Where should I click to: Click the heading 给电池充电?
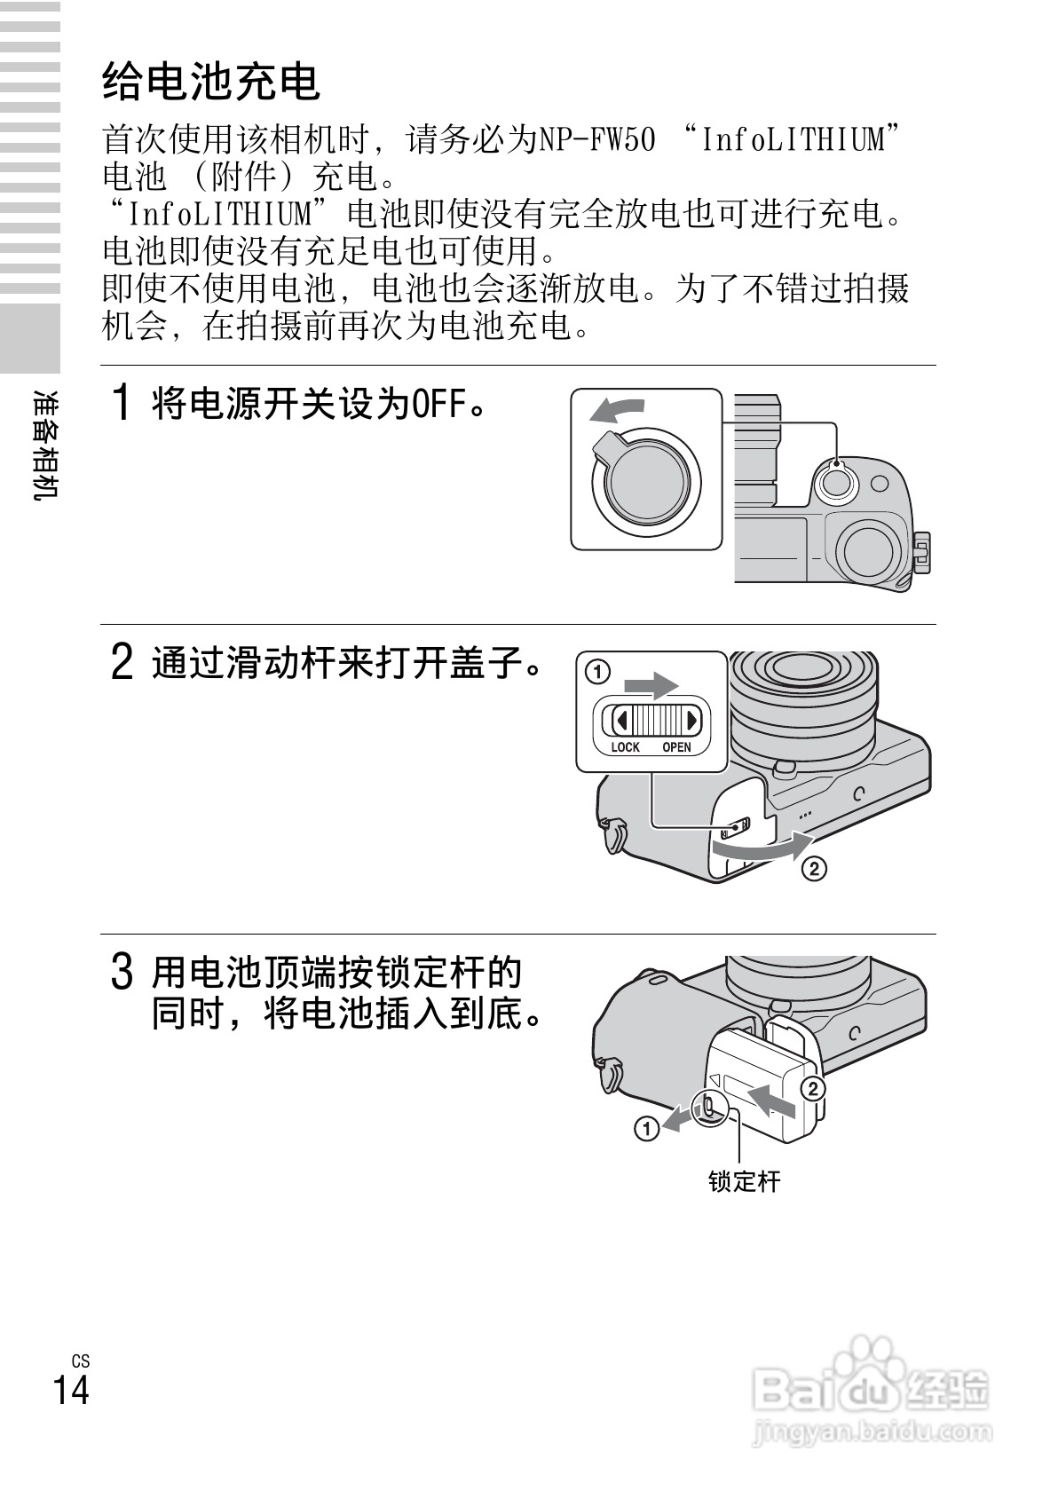click(x=211, y=82)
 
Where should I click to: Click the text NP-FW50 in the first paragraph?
click(x=596, y=139)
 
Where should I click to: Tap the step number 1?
click(x=122, y=403)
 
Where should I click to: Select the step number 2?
click(x=122, y=662)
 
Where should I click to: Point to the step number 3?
click(x=122, y=973)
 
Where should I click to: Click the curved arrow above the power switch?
click(x=617, y=411)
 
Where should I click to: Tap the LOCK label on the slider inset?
click(x=625, y=747)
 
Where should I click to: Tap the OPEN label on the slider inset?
click(x=676, y=747)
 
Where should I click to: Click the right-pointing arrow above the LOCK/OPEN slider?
click(x=651, y=685)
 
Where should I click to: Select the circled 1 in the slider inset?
click(x=597, y=671)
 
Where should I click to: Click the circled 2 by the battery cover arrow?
click(x=814, y=868)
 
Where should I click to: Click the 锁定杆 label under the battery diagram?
click(x=744, y=1180)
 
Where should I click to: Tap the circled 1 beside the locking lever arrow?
click(x=646, y=1127)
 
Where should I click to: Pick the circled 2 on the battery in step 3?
click(x=812, y=1089)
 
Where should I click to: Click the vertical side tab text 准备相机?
click(x=45, y=445)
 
